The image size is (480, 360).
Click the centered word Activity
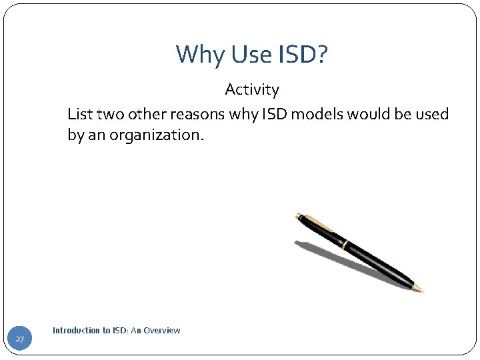(251, 89)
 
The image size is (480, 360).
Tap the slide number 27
(20, 340)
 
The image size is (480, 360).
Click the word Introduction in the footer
(76, 330)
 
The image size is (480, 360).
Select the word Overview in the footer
(161, 330)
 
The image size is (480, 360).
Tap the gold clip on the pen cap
(313, 219)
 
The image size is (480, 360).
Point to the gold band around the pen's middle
(344, 243)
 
